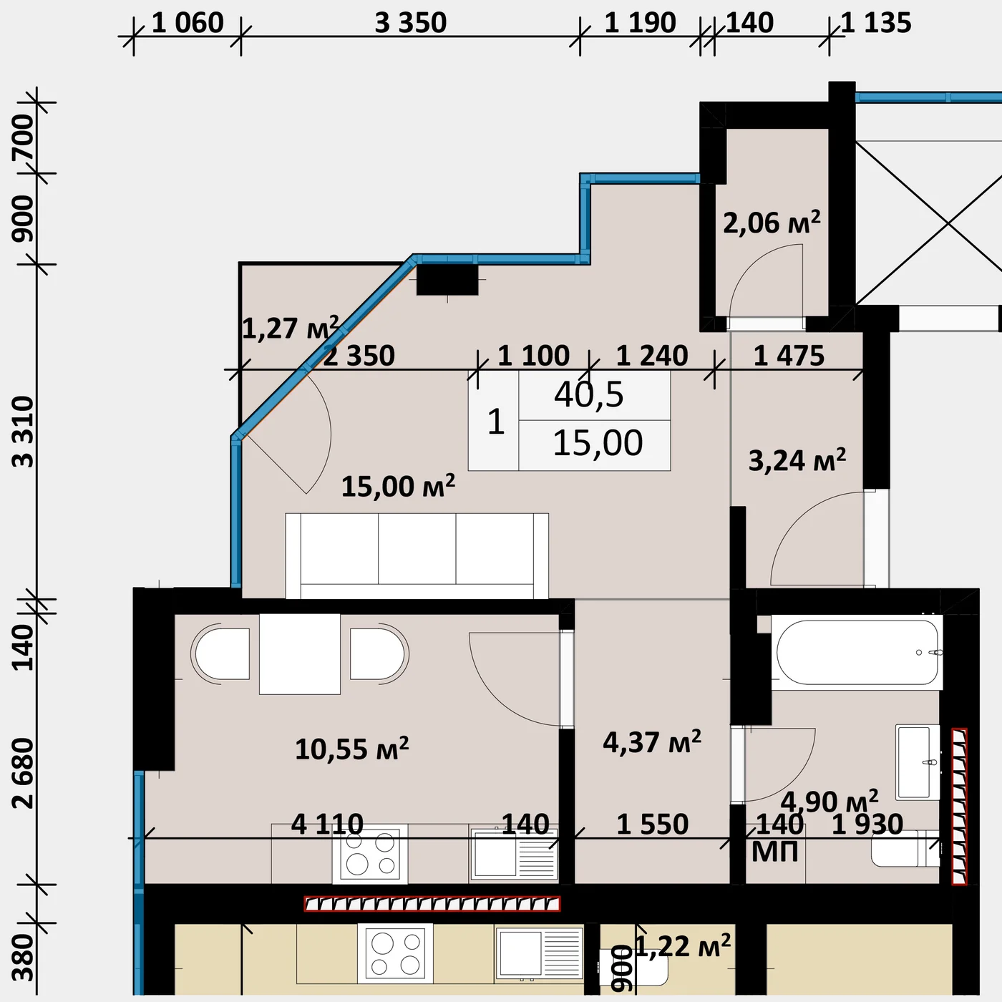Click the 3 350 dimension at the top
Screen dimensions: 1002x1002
(x=411, y=24)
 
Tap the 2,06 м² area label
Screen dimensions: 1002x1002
(x=772, y=222)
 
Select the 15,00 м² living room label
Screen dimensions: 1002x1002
(x=399, y=486)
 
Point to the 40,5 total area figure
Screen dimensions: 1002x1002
(x=588, y=394)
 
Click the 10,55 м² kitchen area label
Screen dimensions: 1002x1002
(x=352, y=749)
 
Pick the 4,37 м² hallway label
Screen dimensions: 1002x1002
(x=652, y=741)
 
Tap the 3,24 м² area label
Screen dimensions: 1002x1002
(x=797, y=460)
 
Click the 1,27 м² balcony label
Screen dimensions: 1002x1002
(x=291, y=328)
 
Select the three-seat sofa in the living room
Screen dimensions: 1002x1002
(x=417, y=556)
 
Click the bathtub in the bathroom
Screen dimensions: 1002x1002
(x=857, y=653)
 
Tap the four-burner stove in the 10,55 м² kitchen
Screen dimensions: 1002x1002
(x=370, y=855)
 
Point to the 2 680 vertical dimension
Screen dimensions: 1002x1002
(x=24, y=773)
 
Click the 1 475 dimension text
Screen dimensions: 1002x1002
(x=789, y=356)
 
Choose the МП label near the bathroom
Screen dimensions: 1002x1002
(x=775, y=852)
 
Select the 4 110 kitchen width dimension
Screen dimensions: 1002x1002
(x=327, y=825)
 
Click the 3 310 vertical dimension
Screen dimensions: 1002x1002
(x=24, y=432)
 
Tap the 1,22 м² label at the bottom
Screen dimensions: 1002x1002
(x=683, y=946)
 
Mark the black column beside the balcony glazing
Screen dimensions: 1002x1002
(x=447, y=280)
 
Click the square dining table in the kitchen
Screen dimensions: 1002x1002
(x=300, y=654)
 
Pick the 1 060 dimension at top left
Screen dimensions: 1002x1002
(x=188, y=24)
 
